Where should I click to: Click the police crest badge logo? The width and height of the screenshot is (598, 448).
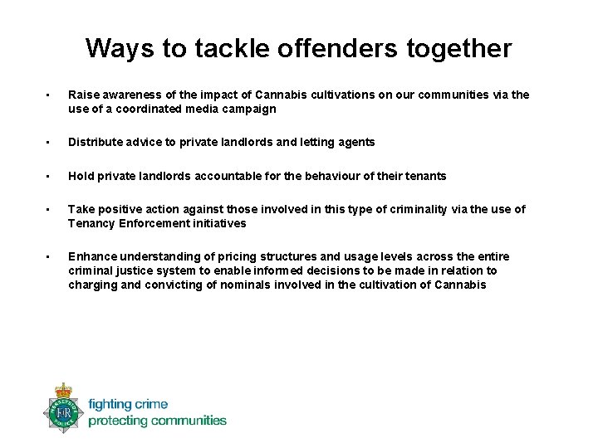[63, 407]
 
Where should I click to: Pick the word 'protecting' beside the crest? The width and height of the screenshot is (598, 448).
[116, 421]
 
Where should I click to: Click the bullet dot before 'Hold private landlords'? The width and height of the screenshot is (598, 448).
[50, 176]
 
